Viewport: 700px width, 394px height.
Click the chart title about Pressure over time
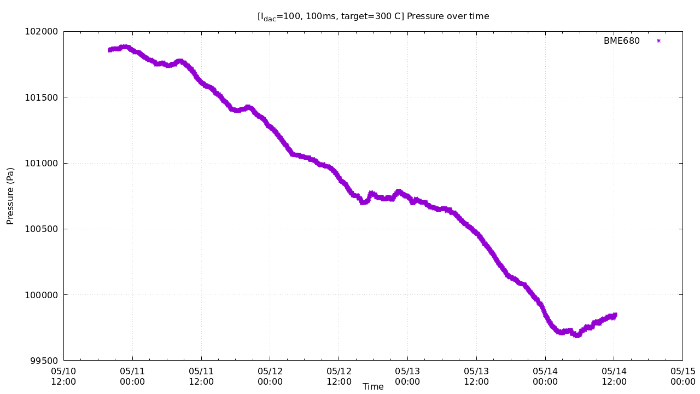tap(373, 16)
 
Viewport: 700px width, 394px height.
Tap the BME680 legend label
tap(621, 41)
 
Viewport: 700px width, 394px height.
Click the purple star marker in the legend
tap(658, 41)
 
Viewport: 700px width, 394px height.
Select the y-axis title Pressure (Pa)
tap(10, 196)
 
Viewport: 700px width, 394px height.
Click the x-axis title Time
tap(373, 387)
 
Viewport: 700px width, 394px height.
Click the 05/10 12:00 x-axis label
tap(63, 376)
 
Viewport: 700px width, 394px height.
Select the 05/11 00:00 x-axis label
tap(132, 376)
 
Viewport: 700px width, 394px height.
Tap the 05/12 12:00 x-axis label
tap(339, 376)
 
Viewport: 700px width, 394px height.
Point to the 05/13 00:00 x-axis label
tap(407, 376)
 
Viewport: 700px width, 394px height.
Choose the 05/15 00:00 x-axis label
tap(682, 376)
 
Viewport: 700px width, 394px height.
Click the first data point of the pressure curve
tap(109, 50)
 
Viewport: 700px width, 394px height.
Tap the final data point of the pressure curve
tap(615, 315)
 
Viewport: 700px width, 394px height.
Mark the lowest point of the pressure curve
tap(576, 335)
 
